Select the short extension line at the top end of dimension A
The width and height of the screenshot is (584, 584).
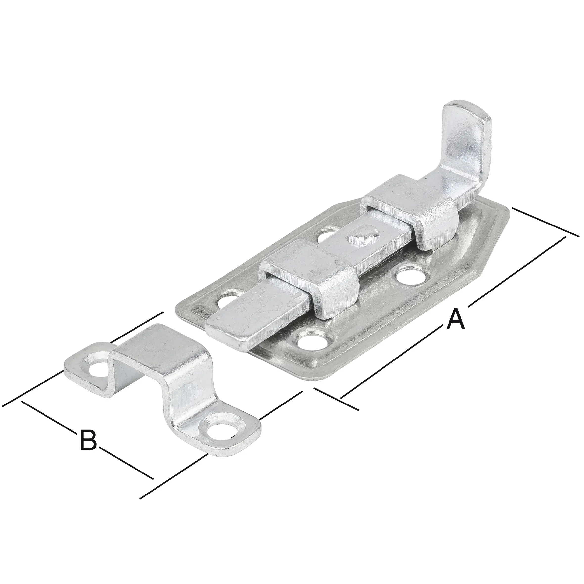click(544, 222)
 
